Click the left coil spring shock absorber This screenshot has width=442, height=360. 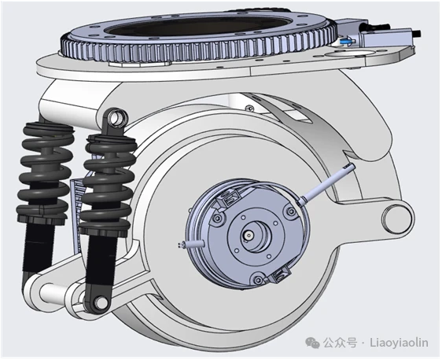coord(44,203)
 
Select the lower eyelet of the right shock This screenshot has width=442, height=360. coord(99,302)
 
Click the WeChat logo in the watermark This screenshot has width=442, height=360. coord(313,343)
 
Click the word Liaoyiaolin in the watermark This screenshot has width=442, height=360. coord(399,343)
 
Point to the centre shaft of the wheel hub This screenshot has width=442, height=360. coord(249,235)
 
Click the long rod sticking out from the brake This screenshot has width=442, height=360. coord(327,183)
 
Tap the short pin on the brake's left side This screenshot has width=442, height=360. coord(191,244)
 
